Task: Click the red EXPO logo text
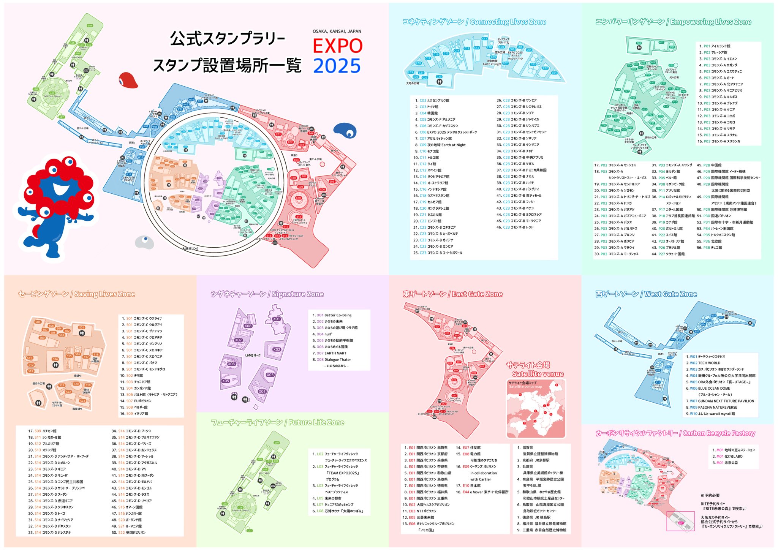pyautogui.click(x=337, y=46)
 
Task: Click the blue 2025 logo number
pyautogui.click(x=337, y=66)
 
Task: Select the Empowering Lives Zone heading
pyautogui.click(x=673, y=22)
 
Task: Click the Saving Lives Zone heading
pyautogui.click(x=76, y=294)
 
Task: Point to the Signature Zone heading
pyautogui.click(x=267, y=294)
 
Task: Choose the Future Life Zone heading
pyautogui.click(x=277, y=422)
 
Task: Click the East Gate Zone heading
pyautogui.click(x=452, y=294)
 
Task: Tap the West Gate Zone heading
pyautogui.click(x=646, y=294)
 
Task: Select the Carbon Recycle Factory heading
pyautogui.click(x=675, y=433)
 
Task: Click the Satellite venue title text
pyautogui.click(x=538, y=374)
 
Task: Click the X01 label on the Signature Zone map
pyautogui.click(x=277, y=319)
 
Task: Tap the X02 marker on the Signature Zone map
pyautogui.click(x=277, y=349)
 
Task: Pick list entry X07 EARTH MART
pyautogui.click(x=331, y=353)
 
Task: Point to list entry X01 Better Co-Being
pyautogui.click(x=334, y=315)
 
